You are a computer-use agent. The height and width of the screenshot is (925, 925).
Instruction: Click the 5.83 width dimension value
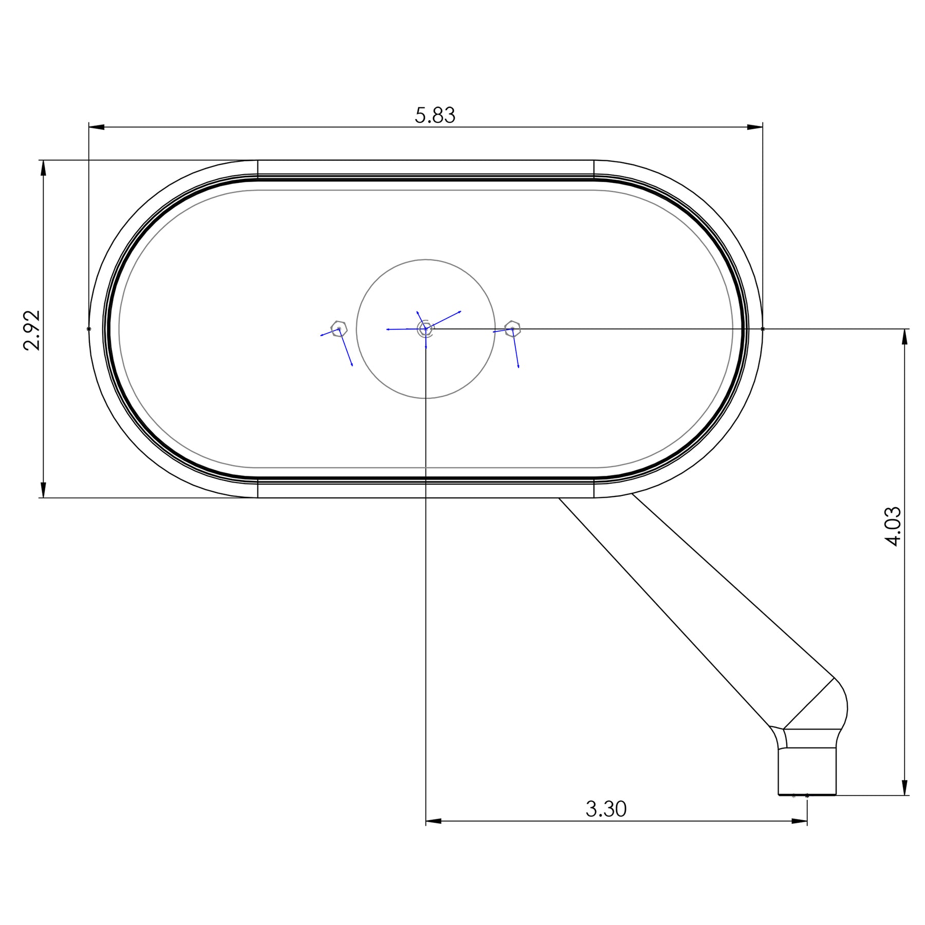click(435, 116)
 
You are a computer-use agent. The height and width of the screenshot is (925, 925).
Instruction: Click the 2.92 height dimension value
click(32, 330)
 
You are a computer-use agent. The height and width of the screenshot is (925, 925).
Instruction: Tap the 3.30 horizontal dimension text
click(606, 809)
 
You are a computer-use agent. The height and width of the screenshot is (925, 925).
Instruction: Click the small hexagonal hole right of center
click(512, 328)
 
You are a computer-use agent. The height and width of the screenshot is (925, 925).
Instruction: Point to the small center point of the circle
click(425, 329)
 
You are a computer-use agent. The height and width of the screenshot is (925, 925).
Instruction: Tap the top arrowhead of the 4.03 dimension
click(905, 337)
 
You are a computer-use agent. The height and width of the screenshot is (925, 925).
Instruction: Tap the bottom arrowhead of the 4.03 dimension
click(905, 787)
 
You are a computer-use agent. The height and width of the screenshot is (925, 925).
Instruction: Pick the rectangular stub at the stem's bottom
click(807, 771)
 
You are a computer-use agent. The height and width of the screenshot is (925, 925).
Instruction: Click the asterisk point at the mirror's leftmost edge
click(89, 329)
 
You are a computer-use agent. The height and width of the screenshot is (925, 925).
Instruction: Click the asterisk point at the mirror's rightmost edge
click(762, 329)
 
